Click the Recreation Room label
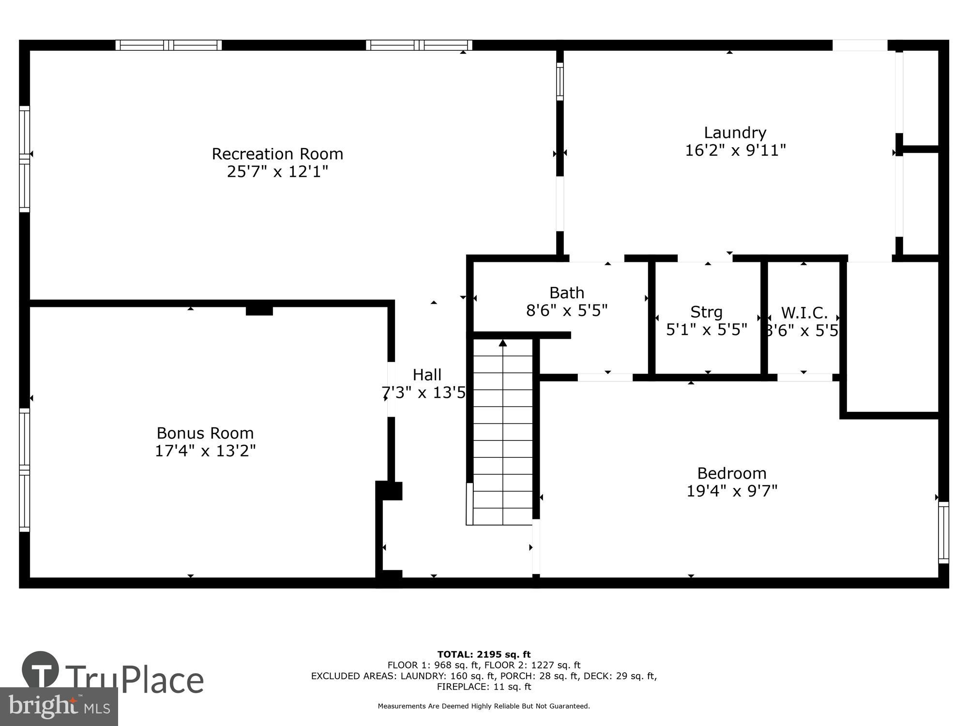coord(277,154)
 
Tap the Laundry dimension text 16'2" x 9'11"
coord(735,151)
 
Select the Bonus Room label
coord(205,433)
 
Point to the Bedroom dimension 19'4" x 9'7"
coord(732,491)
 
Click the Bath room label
coord(567,293)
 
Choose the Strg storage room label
coord(706,312)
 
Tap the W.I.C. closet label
coord(804,313)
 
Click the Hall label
coord(427,375)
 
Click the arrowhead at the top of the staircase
coord(503,343)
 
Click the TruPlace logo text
coord(135,680)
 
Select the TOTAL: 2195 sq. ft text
coord(484,654)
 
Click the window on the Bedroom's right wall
coord(943,532)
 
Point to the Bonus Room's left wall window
coord(24,470)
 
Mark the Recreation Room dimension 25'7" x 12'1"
coord(277,172)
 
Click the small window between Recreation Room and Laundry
coord(560,81)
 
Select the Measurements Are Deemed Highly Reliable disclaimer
coord(484,706)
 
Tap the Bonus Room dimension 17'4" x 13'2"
coord(205,451)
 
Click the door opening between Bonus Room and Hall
coord(391,389)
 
